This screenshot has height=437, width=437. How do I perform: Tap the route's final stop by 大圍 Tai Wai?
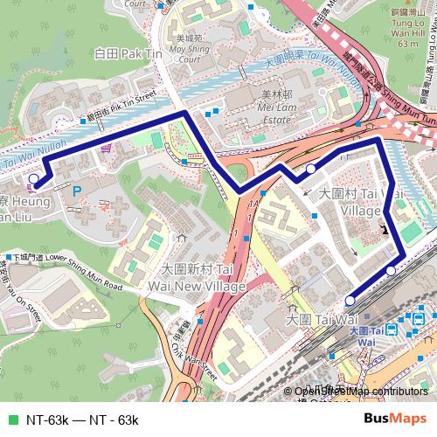[x=391, y=271]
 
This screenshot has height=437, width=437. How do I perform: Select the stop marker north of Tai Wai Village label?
[x=311, y=169]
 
